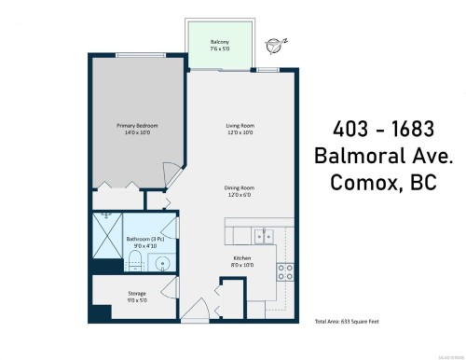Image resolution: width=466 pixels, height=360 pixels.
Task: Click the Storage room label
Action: pyautogui.click(x=137, y=297)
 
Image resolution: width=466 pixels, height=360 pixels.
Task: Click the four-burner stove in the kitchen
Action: pyautogui.click(x=285, y=272)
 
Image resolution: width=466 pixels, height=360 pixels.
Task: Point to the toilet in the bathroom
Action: pyautogui.click(x=133, y=260)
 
